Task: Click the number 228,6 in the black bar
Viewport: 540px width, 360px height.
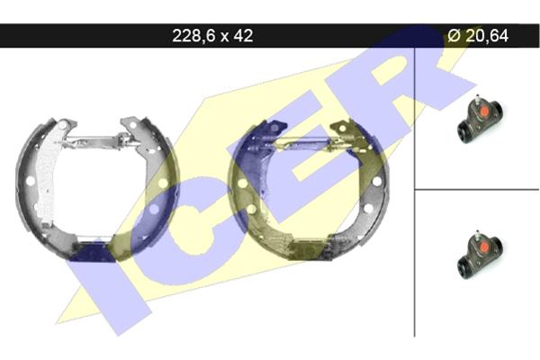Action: (x=193, y=36)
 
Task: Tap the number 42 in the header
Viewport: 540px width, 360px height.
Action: (x=243, y=35)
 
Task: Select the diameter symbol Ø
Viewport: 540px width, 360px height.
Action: (x=454, y=35)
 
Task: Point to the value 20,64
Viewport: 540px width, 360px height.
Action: (x=487, y=36)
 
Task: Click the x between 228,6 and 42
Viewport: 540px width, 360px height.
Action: (x=224, y=37)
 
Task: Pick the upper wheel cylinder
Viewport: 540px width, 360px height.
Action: (x=480, y=119)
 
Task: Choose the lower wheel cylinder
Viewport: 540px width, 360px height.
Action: (x=480, y=254)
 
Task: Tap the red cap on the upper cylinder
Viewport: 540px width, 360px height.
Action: (x=485, y=112)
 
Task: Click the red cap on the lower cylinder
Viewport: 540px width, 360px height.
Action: (x=485, y=247)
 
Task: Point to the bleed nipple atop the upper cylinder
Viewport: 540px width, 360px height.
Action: (x=477, y=99)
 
